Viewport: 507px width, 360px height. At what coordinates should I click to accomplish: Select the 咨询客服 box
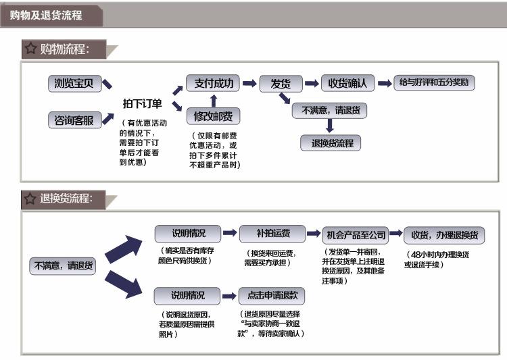click(74, 120)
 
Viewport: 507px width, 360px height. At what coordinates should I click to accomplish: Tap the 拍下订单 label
click(142, 103)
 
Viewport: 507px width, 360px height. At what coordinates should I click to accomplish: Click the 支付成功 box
click(214, 84)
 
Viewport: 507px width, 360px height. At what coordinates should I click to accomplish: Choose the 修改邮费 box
click(214, 117)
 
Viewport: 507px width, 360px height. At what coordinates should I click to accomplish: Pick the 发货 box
click(281, 84)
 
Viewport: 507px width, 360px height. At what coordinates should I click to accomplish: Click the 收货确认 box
click(347, 84)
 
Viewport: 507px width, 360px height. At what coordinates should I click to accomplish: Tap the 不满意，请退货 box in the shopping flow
click(331, 110)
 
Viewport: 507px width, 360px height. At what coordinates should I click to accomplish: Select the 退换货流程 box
click(331, 143)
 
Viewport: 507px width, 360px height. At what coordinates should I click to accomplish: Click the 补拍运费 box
click(273, 234)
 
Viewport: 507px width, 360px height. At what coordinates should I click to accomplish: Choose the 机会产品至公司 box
click(356, 235)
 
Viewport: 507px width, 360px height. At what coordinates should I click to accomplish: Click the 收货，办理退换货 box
click(444, 235)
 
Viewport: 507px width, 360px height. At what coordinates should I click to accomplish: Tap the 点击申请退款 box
click(273, 295)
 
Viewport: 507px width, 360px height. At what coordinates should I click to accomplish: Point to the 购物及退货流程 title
click(46, 15)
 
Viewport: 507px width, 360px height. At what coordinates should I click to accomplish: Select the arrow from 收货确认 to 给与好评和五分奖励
click(385, 84)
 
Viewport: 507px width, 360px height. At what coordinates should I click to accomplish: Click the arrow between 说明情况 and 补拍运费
click(230, 234)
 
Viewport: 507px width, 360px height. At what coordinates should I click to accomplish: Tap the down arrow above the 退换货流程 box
click(330, 126)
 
